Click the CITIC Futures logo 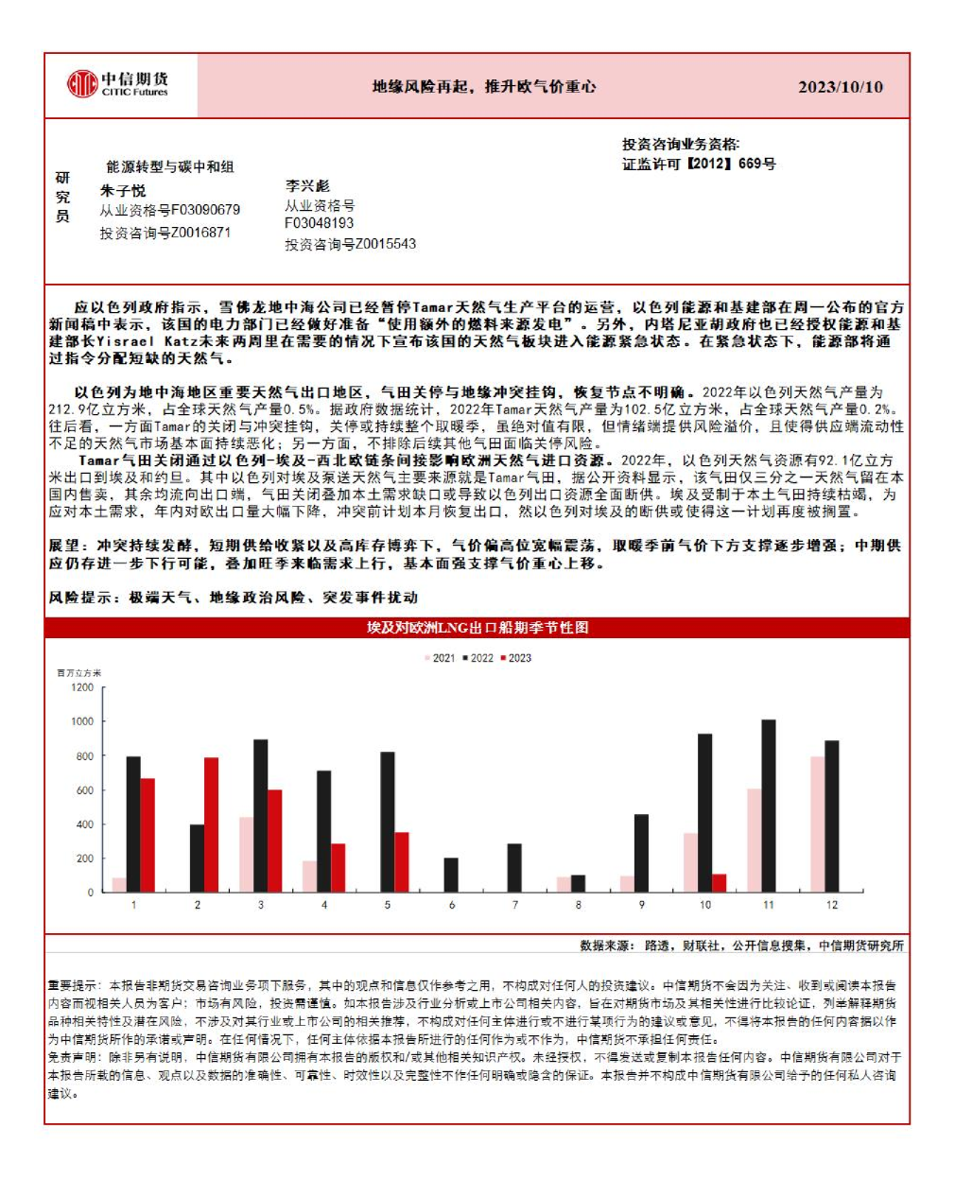[117, 84]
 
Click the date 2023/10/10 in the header [840, 87]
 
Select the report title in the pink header [483, 87]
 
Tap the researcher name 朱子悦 [124, 190]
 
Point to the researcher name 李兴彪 [307, 185]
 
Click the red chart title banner [477, 628]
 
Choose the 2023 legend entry [515, 658]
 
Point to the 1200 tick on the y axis [82, 687]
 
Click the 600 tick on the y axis [84, 790]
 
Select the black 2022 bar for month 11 [768, 806]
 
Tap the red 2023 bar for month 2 [211, 824]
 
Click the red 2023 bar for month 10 [719, 883]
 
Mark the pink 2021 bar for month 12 [817, 824]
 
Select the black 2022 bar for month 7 [514, 868]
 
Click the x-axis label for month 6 [451, 905]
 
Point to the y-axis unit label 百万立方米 [79, 673]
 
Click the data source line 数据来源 [740, 946]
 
